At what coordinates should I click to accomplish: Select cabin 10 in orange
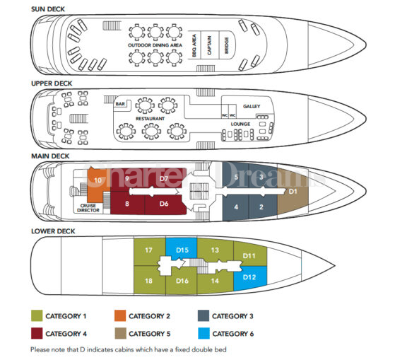(x=97, y=185)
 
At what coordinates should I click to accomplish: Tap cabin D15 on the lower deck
(x=182, y=250)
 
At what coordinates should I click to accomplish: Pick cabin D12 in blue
(x=250, y=278)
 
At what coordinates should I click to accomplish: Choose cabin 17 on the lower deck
(x=148, y=250)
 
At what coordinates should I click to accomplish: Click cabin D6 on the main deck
(x=164, y=204)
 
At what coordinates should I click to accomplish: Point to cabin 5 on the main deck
(x=236, y=177)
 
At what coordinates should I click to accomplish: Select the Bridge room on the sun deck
(x=226, y=45)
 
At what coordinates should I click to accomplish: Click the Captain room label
(x=209, y=45)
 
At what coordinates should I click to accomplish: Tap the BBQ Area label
(x=194, y=45)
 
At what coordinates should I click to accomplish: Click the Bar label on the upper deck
(x=120, y=104)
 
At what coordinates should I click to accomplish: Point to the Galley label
(x=252, y=106)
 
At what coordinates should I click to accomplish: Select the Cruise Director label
(x=88, y=208)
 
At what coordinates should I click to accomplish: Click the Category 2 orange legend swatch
(x=120, y=316)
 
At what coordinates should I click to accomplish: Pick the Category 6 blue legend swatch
(x=203, y=333)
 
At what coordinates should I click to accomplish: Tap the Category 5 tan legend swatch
(x=120, y=333)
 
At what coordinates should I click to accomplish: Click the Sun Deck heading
(x=48, y=9)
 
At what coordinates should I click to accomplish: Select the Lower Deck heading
(x=53, y=231)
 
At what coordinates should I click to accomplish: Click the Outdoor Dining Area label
(x=155, y=45)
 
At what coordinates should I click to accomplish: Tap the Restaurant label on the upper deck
(x=150, y=118)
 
